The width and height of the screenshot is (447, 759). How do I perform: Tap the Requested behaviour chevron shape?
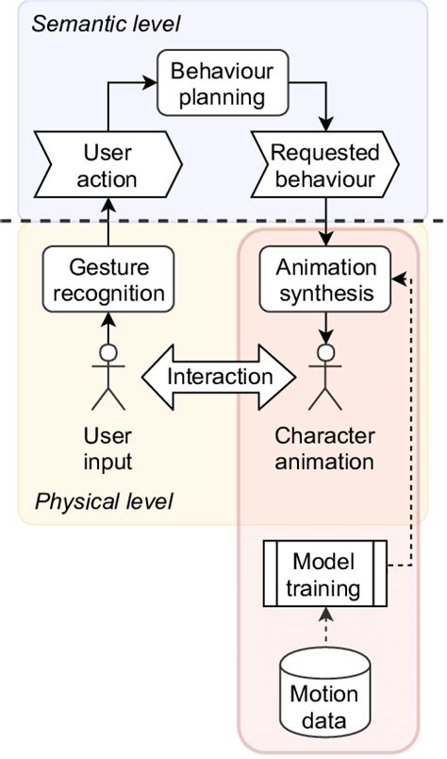(324, 164)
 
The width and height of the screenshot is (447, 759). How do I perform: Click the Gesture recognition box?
(109, 279)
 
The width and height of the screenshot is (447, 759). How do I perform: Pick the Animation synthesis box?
(325, 279)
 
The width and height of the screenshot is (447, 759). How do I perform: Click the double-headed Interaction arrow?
(218, 376)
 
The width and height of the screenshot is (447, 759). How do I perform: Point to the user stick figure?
(108, 378)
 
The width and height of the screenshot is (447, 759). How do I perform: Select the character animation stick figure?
(325, 378)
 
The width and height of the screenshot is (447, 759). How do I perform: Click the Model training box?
(324, 576)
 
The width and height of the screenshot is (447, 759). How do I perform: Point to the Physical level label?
(104, 500)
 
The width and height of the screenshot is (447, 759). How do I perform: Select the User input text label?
(108, 449)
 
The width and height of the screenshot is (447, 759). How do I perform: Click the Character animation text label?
(325, 449)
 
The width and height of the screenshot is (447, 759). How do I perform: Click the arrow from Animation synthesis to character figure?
(325, 327)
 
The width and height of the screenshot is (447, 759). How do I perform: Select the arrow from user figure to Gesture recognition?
(109, 327)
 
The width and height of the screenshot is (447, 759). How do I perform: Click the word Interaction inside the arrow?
(219, 376)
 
